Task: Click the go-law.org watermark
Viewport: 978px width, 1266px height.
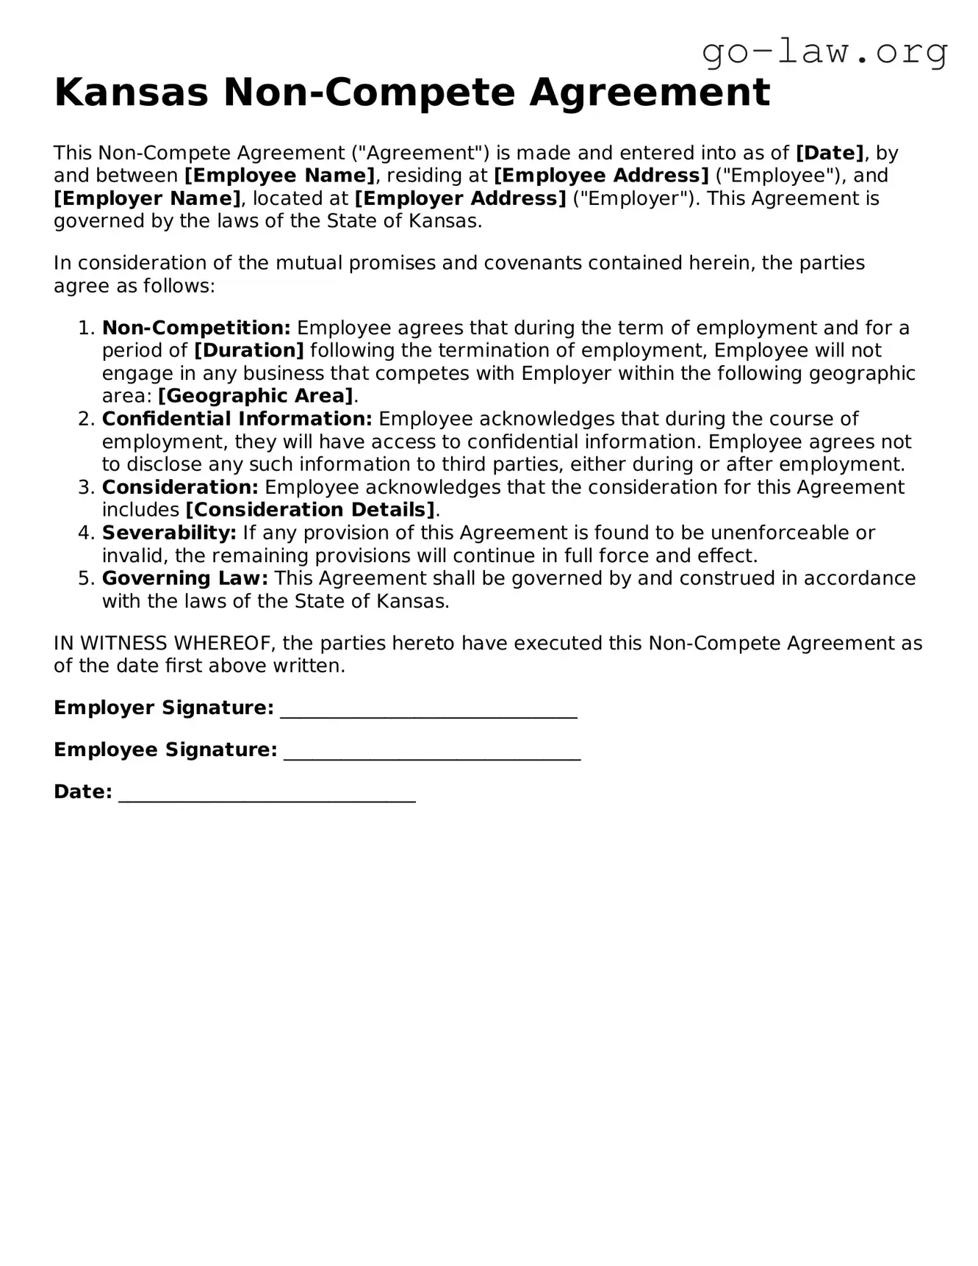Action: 824,53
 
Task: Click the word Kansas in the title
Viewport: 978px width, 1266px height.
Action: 131,93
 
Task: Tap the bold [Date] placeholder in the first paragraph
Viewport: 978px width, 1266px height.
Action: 830,153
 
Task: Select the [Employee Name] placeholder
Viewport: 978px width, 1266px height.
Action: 279,176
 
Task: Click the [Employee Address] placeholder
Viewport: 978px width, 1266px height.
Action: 601,176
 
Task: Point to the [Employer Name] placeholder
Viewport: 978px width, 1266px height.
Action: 147,198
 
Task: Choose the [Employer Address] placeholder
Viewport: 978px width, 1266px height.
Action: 460,198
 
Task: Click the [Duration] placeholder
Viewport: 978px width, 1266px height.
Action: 248,350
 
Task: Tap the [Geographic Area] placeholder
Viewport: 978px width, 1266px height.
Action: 256,396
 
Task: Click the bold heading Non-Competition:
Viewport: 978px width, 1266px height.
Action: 196,328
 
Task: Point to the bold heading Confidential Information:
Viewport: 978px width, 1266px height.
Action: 237,419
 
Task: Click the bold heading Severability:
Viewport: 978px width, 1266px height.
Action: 169,533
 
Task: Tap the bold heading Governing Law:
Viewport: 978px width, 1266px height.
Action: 185,578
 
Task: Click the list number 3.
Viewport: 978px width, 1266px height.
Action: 85,487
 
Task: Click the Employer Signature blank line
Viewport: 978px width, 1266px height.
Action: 428,710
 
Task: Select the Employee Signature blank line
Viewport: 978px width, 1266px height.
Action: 432,752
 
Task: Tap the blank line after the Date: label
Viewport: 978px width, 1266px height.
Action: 267,794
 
